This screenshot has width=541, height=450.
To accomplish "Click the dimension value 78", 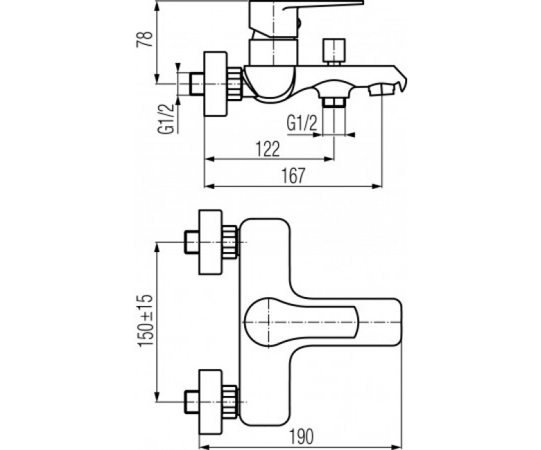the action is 144,39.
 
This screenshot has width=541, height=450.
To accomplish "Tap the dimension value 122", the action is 268,149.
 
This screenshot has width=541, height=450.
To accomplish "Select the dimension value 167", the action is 293,176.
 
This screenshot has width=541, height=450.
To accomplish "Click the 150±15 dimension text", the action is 146,321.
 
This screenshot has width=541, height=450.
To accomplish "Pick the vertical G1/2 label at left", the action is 165,119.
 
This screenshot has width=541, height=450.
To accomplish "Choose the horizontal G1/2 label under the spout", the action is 302,123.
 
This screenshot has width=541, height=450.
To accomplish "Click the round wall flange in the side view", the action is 216,84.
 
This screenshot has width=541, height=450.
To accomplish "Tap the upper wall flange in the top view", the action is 210,242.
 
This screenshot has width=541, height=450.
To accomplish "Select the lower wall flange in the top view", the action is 210,402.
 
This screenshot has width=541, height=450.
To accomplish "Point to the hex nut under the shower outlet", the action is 334,102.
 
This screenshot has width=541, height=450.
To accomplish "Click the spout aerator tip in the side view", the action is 381,90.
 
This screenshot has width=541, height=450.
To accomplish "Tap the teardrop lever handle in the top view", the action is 301,322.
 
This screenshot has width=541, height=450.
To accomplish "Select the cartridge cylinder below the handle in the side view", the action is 273,52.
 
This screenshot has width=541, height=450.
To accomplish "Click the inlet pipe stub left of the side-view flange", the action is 197,84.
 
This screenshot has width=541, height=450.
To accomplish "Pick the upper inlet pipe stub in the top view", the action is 192,242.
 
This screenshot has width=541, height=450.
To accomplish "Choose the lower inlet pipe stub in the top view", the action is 192,402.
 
